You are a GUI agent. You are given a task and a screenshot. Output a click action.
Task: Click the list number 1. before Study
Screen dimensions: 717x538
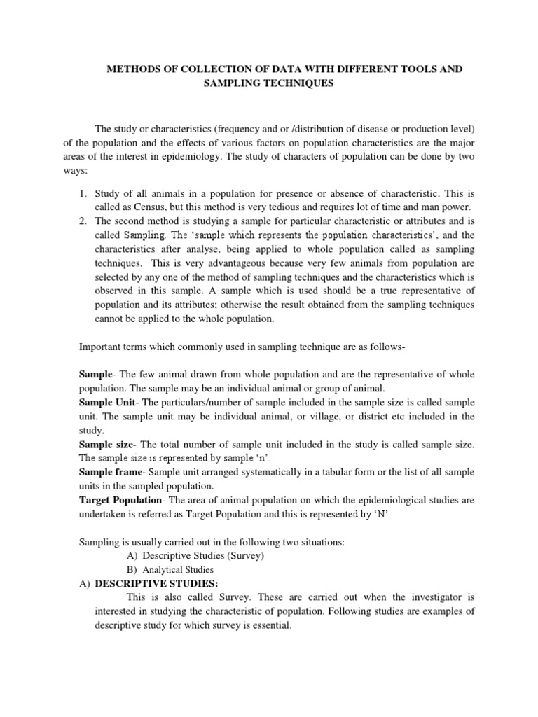(x=82, y=194)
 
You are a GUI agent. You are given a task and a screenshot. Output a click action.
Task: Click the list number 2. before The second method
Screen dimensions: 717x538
(x=82, y=221)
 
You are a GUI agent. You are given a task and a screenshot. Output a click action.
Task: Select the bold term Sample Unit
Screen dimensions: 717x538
(x=107, y=403)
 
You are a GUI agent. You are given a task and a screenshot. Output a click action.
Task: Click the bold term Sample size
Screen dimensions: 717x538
(x=105, y=445)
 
